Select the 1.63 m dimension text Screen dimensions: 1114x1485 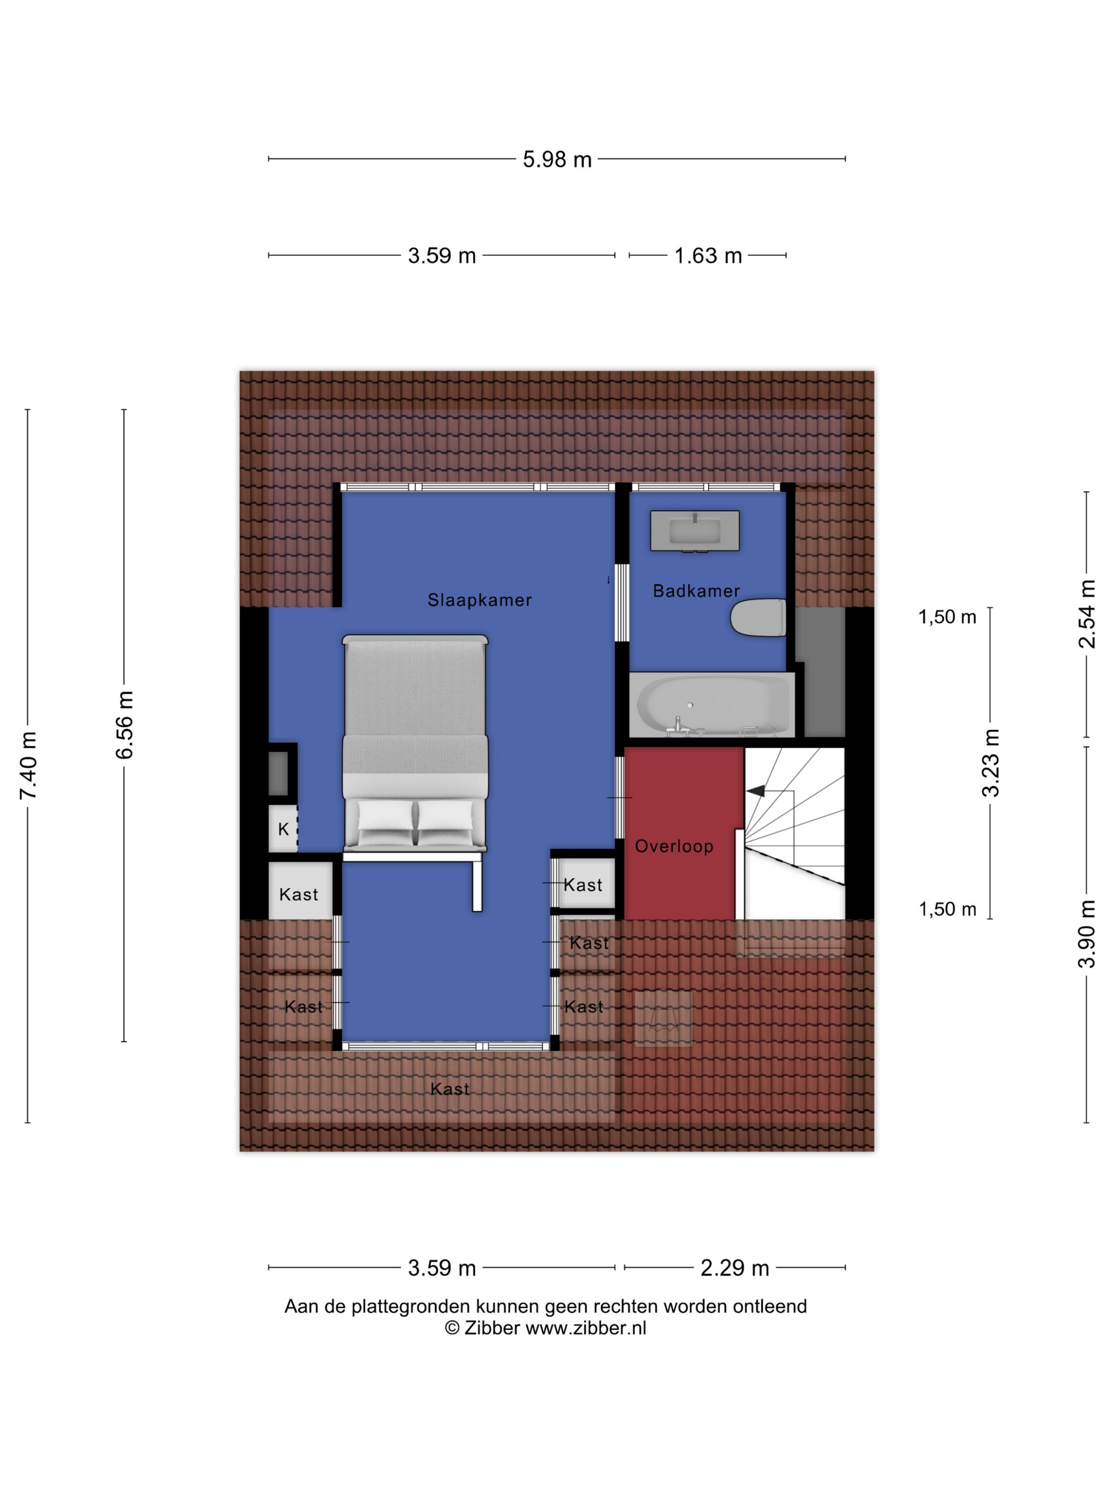coord(708,256)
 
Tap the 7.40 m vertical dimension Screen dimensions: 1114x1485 coord(28,765)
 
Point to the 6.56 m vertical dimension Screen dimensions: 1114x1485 coord(125,725)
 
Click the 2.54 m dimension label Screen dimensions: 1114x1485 coord(1086,614)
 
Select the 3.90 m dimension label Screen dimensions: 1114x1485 coord(1086,933)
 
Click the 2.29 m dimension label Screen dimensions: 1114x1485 coord(735,1268)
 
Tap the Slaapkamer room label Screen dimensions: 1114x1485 coord(480,600)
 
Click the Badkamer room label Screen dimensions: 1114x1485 coord(697,591)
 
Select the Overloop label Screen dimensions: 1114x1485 coord(674,846)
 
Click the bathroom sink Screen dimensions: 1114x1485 coord(694,531)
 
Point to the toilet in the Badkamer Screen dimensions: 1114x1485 coord(758,618)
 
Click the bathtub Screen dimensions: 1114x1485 coord(712,704)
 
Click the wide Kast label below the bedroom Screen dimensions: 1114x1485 coord(450,1089)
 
